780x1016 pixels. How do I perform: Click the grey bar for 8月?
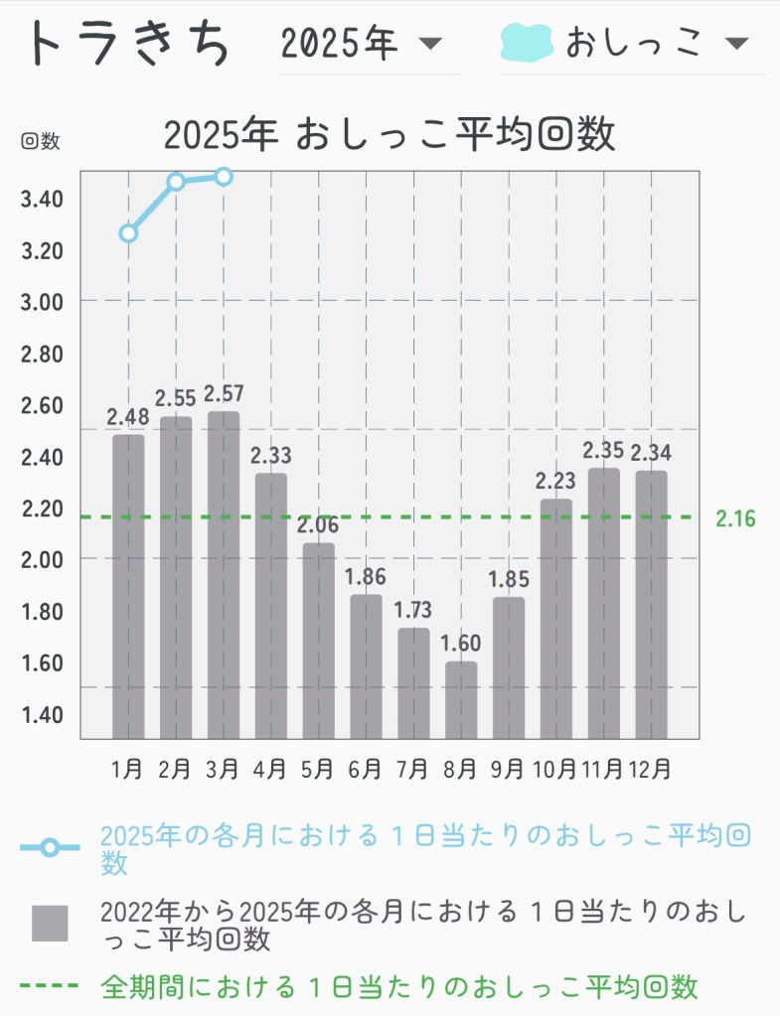coord(461,699)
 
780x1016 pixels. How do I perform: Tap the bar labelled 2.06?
coord(319,640)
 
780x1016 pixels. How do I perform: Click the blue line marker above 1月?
coord(128,233)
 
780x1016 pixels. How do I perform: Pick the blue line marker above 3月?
coord(224,177)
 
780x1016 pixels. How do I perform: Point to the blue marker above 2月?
coord(176,182)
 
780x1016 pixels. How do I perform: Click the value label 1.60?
coord(461,643)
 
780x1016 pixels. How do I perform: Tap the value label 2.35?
coord(604,450)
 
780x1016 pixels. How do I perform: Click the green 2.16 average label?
coord(735,518)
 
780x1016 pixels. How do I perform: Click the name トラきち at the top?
coord(130,44)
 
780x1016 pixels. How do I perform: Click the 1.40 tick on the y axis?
coord(42,715)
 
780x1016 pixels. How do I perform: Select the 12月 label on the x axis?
coord(651,768)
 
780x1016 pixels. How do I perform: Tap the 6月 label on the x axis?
coord(366,768)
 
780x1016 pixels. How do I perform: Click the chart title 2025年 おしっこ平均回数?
coord(389,135)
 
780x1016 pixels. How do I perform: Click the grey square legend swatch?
coord(50,924)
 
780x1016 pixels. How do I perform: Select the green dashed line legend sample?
coord(49,986)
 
